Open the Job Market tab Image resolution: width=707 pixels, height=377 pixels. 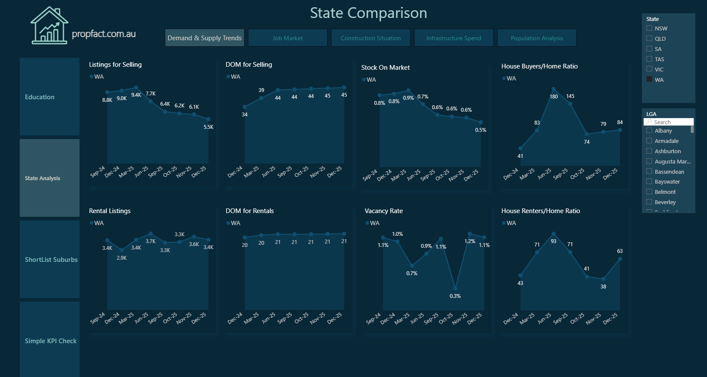[287, 38]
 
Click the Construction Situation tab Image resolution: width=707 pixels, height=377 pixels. [370, 38]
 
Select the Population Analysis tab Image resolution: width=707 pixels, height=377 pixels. [537, 38]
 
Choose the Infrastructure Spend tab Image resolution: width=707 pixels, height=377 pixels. [453, 38]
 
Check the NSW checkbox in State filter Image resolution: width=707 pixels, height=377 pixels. [649, 28]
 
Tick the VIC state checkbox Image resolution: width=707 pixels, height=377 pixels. [649, 69]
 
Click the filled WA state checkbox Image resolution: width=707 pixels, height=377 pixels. [649, 79]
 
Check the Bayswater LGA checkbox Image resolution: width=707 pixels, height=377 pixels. [649, 181]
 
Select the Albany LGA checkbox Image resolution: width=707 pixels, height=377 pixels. [649, 131]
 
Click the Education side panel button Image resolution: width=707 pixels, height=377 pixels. [50, 97]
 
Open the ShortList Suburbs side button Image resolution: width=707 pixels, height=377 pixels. [50, 259]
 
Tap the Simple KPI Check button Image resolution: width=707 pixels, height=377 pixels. [50, 341]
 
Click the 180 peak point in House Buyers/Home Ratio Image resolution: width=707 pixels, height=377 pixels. [554, 89]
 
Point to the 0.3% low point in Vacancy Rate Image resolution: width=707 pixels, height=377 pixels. [455, 288]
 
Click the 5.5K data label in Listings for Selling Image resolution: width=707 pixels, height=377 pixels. [209, 127]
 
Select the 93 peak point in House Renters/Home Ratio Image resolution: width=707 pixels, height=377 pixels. [554, 234]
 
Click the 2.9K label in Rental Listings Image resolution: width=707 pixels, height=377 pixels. [122, 258]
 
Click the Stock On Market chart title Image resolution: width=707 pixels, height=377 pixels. [385, 68]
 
